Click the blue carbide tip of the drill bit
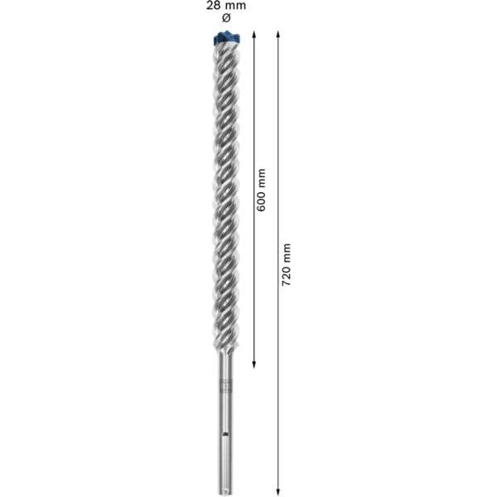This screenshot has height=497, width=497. [x=227, y=37]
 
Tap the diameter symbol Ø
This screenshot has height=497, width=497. [x=226, y=18]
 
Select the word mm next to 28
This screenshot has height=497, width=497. [x=235, y=6]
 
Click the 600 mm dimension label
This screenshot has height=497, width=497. [x=261, y=190]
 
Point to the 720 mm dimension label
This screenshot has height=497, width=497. [x=286, y=264]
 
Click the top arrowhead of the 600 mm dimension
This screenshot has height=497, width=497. [x=253, y=34]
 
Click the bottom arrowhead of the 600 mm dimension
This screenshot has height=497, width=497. [x=253, y=364]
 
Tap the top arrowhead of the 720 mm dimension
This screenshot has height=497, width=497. [x=278, y=34]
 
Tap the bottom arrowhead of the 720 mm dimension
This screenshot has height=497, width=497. [x=278, y=491]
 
